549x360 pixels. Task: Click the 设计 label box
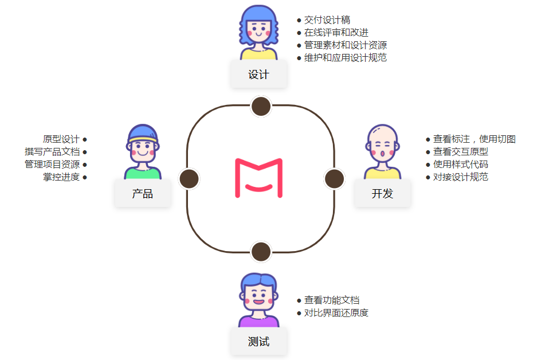point(258,75)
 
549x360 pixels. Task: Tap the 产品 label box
point(143,194)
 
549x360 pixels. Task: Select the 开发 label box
point(382,194)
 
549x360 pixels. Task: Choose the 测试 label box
point(258,342)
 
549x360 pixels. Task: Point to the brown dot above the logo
point(261,106)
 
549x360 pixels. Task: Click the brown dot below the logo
point(261,252)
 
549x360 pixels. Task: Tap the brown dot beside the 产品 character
point(189,179)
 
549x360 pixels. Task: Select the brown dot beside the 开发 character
point(334,179)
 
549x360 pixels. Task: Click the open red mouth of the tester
point(259,302)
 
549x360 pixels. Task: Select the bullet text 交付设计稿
point(327,20)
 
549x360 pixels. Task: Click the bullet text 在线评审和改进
point(336,33)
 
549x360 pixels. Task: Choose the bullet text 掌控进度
point(61,177)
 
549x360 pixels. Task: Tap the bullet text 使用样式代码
point(460,165)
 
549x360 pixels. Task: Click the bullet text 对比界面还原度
point(336,313)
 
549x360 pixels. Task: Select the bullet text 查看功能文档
point(332,300)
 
